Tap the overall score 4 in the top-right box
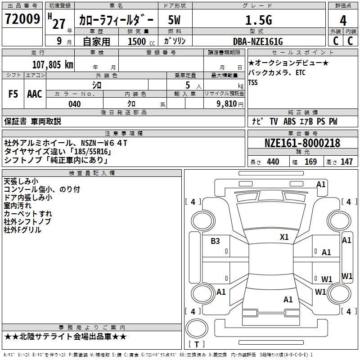coord(343,20)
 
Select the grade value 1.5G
coord(258,20)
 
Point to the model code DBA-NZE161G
coord(258,42)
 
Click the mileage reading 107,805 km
coord(53,64)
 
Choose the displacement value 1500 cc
coord(140,42)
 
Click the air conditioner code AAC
coord(34,94)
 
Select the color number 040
coord(74,104)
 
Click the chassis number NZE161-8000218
coord(302,143)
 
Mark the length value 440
coord(273,162)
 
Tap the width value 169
coord(310,162)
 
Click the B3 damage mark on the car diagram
coord(215,241)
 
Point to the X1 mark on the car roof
coord(284,237)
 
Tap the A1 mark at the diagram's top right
coord(321,184)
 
